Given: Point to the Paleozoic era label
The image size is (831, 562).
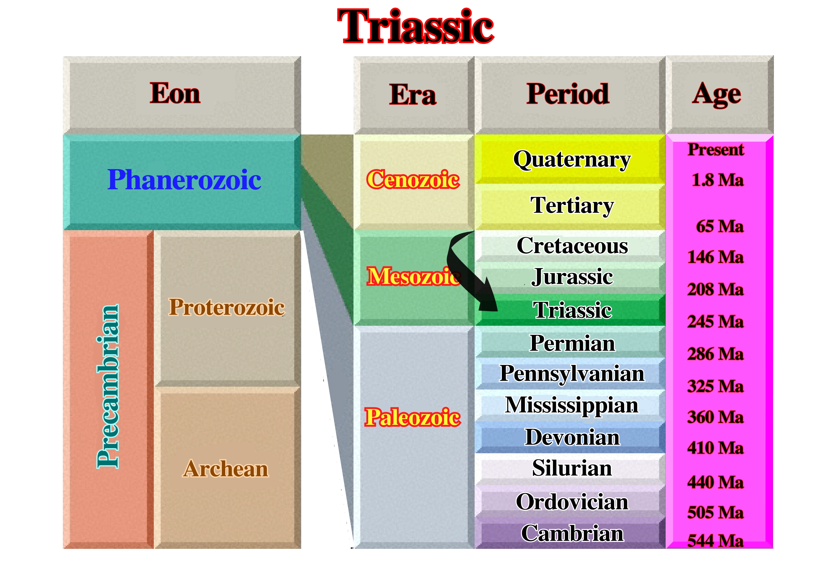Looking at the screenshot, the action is (413, 417).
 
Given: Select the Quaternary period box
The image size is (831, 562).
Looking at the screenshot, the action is (570, 159).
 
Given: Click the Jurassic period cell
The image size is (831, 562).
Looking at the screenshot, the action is (570, 278).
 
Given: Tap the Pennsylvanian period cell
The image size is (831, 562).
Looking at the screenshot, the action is (570, 374).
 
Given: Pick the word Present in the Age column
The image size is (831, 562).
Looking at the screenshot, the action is (716, 149).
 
